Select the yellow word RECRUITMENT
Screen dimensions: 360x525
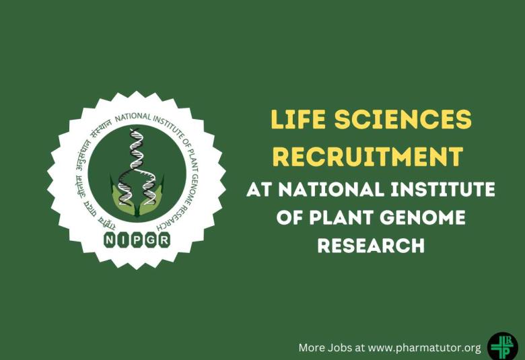[367, 157]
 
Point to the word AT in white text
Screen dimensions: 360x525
[260, 190]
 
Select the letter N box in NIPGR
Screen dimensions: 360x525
[110, 239]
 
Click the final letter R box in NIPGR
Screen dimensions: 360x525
[164, 239]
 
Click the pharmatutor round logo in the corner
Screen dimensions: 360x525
[502, 347]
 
